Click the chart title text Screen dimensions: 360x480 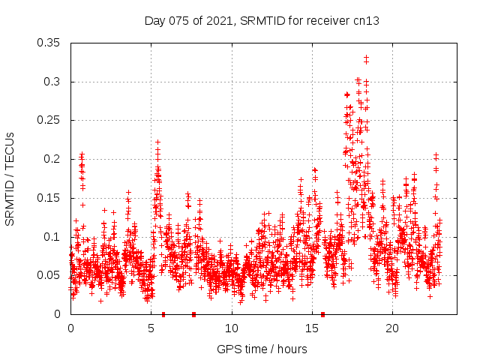click(262, 21)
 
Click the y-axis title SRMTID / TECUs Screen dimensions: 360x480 click(10, 179)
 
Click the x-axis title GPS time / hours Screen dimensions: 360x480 click(262, 349)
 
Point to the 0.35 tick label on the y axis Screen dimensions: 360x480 click(49, 43)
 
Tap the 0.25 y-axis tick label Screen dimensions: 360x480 click(49, 120)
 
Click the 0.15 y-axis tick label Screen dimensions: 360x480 click(49, 198)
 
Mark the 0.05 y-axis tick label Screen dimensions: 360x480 click(49, 275)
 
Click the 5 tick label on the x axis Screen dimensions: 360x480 click(151, 328)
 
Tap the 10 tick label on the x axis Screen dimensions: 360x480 click(232, 328)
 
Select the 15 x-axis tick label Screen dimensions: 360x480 click(312, 328)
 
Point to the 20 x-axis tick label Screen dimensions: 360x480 click(392, 328)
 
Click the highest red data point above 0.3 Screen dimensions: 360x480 click(366, 57)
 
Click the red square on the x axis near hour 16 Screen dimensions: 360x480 click(323, 314)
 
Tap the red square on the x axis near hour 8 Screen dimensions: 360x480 click(193, 314)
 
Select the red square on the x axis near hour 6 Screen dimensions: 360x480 click(163, 314)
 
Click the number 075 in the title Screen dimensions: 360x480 click(177, 21)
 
